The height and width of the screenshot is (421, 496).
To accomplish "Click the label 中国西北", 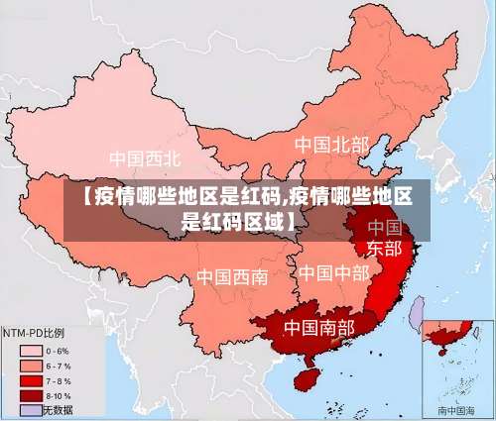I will pyautogui.click(x=145, y=158).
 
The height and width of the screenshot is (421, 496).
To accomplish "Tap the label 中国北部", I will pyautogui.click(x=330, y=145).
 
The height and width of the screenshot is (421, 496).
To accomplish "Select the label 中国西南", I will pyautogui.click(x=232, y=276).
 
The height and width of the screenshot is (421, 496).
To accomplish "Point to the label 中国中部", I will pyautogui.click(x=334, y=271).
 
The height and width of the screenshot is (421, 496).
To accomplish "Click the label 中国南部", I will pyautogui.click(x=320, y=326).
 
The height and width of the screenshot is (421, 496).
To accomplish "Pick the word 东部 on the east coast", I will pyautogui.click(x=385, y=248).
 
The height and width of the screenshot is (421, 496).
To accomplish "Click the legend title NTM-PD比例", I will pyautogui.click(x=33, y=334).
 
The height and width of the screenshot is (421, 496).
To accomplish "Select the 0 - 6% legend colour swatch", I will pyautogui.click(x=30, y=351).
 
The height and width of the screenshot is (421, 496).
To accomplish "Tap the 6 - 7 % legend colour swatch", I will pyautogui.click(x=30, y=366).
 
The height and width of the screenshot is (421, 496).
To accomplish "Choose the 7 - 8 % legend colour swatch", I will pyautogui.click(x=30, y=380).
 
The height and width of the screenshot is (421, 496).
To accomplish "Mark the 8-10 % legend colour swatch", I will pyautogui.click(x=30, y=395).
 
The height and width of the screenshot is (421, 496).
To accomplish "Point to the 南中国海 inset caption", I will pyautogui.click(x=456, y=409).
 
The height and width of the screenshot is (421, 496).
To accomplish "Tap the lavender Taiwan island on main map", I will pyautogui.click(x=417, y=315).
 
